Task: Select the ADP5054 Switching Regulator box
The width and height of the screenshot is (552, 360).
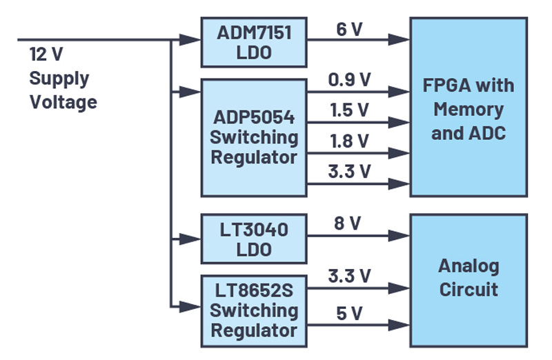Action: (x=253, y=137)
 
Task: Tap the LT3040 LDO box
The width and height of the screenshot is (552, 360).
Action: (x=253, y=239)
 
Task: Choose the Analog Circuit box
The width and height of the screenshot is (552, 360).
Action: (x=469, y=277)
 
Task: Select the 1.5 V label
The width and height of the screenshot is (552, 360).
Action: (x=350, y=110)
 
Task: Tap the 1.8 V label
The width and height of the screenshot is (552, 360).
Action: (x=350, y=141)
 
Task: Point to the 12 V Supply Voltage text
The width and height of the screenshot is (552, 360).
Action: (x=63, y=78)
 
